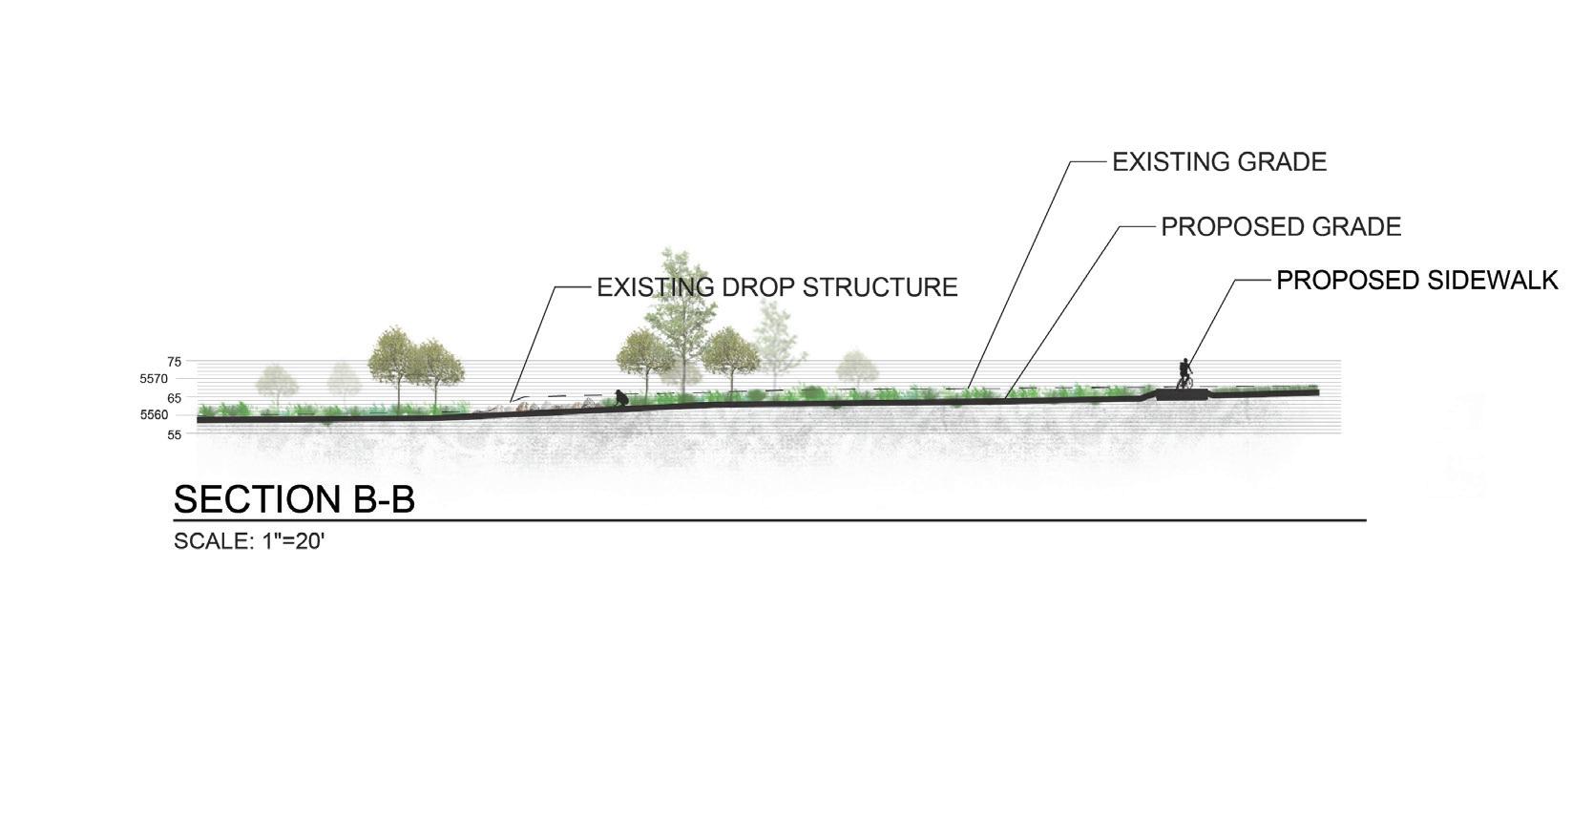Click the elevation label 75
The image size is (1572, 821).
click(x=174, y=362)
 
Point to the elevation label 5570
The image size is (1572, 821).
click(x=154, y=379)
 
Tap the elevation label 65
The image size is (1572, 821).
click(x=174, y=397)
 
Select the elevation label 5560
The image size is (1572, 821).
click(x=154, y=415)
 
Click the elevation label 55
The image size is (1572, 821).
click(x=174, y=434)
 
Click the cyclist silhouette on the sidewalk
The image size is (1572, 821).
click(x=1184, y=373)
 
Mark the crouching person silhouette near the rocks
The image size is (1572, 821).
click(x=621, y=398)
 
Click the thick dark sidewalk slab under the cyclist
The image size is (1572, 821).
click(x=1183, y=393)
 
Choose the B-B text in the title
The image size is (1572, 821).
click(x=377, y=500)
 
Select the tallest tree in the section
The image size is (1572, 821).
click(x=678, y=305)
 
